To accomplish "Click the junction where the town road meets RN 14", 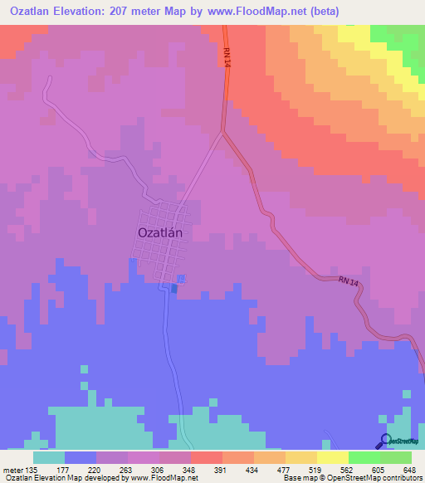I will click(x=222, y=131).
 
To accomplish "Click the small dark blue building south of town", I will click(x=173, y=288).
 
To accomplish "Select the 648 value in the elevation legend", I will click(x=409, y=470).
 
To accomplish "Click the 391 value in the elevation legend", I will click(x=221, y=470).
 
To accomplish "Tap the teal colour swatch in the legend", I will click(x=49, y=457).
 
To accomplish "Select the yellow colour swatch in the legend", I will click(x=332, y=457).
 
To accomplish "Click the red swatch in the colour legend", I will click(x=206, y=457).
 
